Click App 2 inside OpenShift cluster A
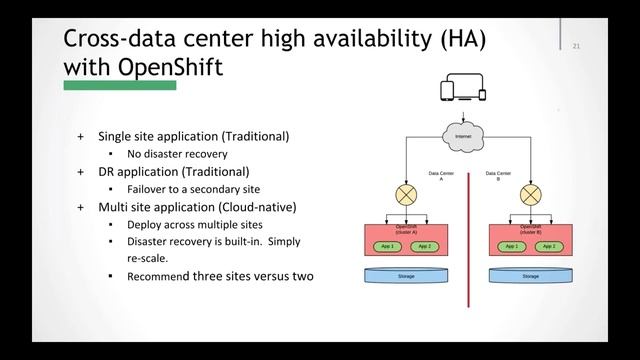coord(423,246)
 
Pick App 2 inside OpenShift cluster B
coord(549,246)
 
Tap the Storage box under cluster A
coord(406,276)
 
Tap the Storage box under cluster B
coord(531,276)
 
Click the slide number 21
coord(577,46)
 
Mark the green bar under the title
coord(120,86)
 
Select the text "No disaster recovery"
coord(177,154)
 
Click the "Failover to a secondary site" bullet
coord(193,189)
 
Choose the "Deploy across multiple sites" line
coord(194,225)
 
